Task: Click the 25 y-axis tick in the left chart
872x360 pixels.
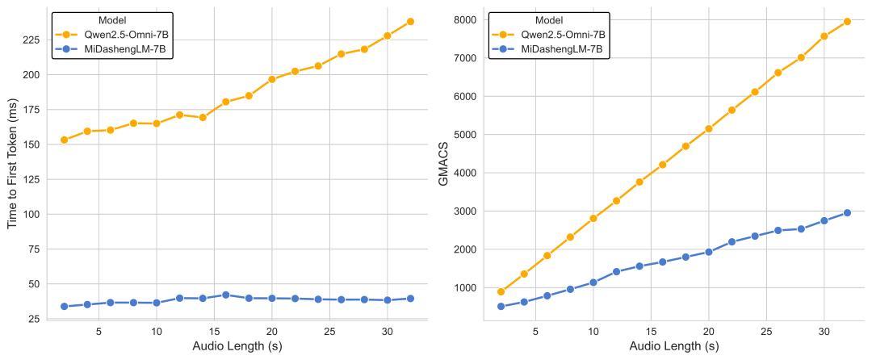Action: click(36, 320)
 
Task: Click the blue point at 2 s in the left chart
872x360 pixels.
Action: click(64, 307)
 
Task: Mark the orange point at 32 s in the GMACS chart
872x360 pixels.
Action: click(847, 22)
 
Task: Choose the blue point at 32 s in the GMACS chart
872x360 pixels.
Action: click(847, 213)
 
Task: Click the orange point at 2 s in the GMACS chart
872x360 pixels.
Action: click(501, 292)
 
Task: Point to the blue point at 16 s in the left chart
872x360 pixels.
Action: click(226, 295)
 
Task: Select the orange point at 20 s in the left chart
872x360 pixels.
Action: click(272, 79)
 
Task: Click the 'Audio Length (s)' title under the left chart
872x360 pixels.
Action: click(237, 347)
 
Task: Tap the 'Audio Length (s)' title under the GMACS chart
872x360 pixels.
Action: click(673, 347)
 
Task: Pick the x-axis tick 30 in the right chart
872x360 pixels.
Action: click(824, 332)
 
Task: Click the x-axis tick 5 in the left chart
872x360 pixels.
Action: click(99, 332)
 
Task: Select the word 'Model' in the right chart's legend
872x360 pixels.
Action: click(549, 20)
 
